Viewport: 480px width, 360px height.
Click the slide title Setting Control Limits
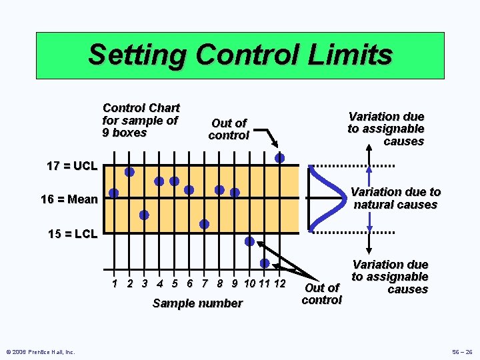[x=240, y=55]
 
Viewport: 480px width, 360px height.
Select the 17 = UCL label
[x=72, y=166]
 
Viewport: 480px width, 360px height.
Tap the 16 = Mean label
[x=69, y=199]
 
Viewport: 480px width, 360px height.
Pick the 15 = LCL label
[x=73, y=234]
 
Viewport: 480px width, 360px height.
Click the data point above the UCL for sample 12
[x=280, y=158]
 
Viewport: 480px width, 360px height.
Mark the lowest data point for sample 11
[x=265, y=263]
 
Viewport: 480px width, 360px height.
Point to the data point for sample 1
[x=114, y=193]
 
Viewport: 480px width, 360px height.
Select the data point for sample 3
[x=144, y=215]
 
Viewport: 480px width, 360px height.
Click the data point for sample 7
[x=204, y=224]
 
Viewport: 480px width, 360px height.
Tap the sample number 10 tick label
[x=250, y=283]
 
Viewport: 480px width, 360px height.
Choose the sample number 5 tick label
[x=175, y=283]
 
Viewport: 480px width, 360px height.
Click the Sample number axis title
[x=197, y=303]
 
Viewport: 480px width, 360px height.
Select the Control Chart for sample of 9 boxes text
[x=141, y=120]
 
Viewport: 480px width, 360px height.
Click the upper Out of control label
[x=229, y=129]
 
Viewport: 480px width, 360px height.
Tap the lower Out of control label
[x=321, y=293]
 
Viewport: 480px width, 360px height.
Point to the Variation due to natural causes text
[x=395, y=198]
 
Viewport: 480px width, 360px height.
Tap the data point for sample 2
[x=129, y=172]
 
